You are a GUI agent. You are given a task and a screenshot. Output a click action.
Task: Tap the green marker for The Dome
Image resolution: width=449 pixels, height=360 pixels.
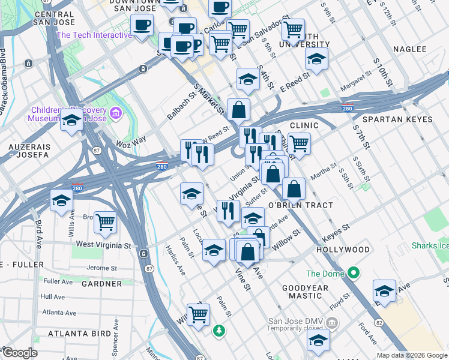click(354, 274)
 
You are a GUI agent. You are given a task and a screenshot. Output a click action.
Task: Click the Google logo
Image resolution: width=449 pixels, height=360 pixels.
click(19, 353)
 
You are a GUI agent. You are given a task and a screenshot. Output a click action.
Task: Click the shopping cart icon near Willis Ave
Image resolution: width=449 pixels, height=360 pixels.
click(105, 222)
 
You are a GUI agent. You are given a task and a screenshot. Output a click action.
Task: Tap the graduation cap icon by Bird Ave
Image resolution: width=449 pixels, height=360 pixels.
click(61, 201)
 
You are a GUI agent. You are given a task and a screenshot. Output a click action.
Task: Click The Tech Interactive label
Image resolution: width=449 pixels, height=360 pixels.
click(94, 35)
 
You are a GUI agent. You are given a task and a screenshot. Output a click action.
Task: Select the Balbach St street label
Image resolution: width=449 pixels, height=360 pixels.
click(181, 104)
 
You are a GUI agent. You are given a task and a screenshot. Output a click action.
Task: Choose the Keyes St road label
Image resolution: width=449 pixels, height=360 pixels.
click(336, 232)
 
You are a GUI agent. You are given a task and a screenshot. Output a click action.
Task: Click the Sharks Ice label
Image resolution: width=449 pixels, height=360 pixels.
click(430, 246)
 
